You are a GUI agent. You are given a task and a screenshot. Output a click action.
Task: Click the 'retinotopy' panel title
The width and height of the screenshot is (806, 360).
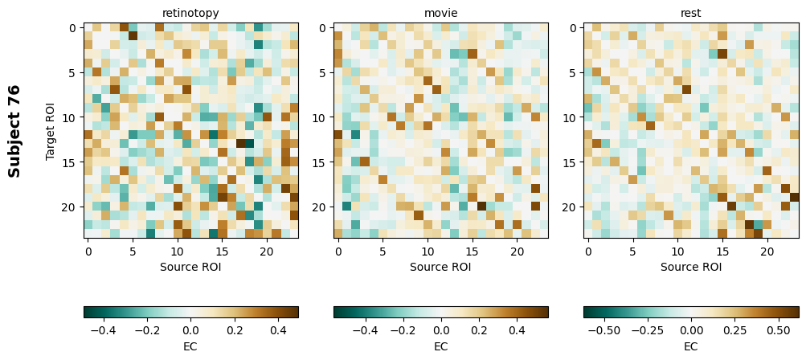[190, 13]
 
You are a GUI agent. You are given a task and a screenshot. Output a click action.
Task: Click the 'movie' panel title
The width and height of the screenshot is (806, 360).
[440, 13]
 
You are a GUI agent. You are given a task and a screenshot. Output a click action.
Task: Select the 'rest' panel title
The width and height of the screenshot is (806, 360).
[691, 13]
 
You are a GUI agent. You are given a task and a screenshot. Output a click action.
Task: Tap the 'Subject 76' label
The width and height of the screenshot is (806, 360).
[14, 131]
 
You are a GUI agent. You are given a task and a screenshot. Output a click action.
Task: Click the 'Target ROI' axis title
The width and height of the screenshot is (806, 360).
[51, 131]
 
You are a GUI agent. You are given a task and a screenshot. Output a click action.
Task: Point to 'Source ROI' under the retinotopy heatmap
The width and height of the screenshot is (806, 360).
[190, 267]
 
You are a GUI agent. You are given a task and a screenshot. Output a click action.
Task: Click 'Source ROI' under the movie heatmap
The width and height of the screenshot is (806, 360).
[440, 267]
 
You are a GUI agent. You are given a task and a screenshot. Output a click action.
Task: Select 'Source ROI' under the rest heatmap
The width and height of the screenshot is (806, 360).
[691, 267]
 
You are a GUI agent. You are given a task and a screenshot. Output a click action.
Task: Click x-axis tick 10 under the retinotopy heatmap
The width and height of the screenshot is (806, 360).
[178, 252]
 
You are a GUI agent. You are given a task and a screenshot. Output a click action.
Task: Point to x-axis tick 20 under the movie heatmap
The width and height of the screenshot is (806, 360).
[518, 252]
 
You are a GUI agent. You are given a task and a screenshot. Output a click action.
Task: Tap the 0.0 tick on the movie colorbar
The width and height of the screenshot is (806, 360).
[440, 329]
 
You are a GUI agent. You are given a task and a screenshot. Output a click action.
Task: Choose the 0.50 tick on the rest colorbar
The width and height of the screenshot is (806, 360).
[777, 329]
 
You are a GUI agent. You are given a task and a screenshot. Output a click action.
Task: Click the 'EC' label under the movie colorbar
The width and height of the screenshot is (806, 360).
[440, 346]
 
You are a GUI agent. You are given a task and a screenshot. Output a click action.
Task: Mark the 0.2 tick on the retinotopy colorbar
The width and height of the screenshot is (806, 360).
[235, 329]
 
